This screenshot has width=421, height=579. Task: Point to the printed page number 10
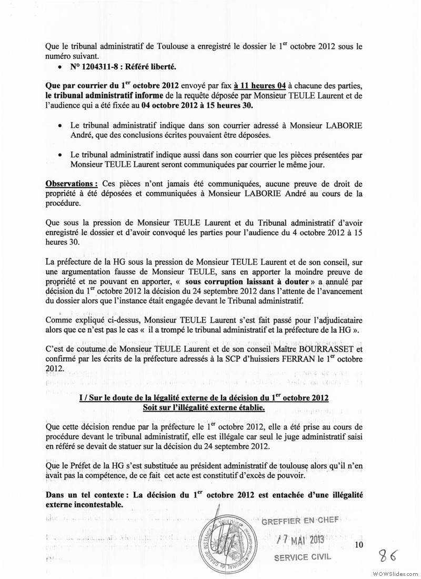(359, 545)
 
